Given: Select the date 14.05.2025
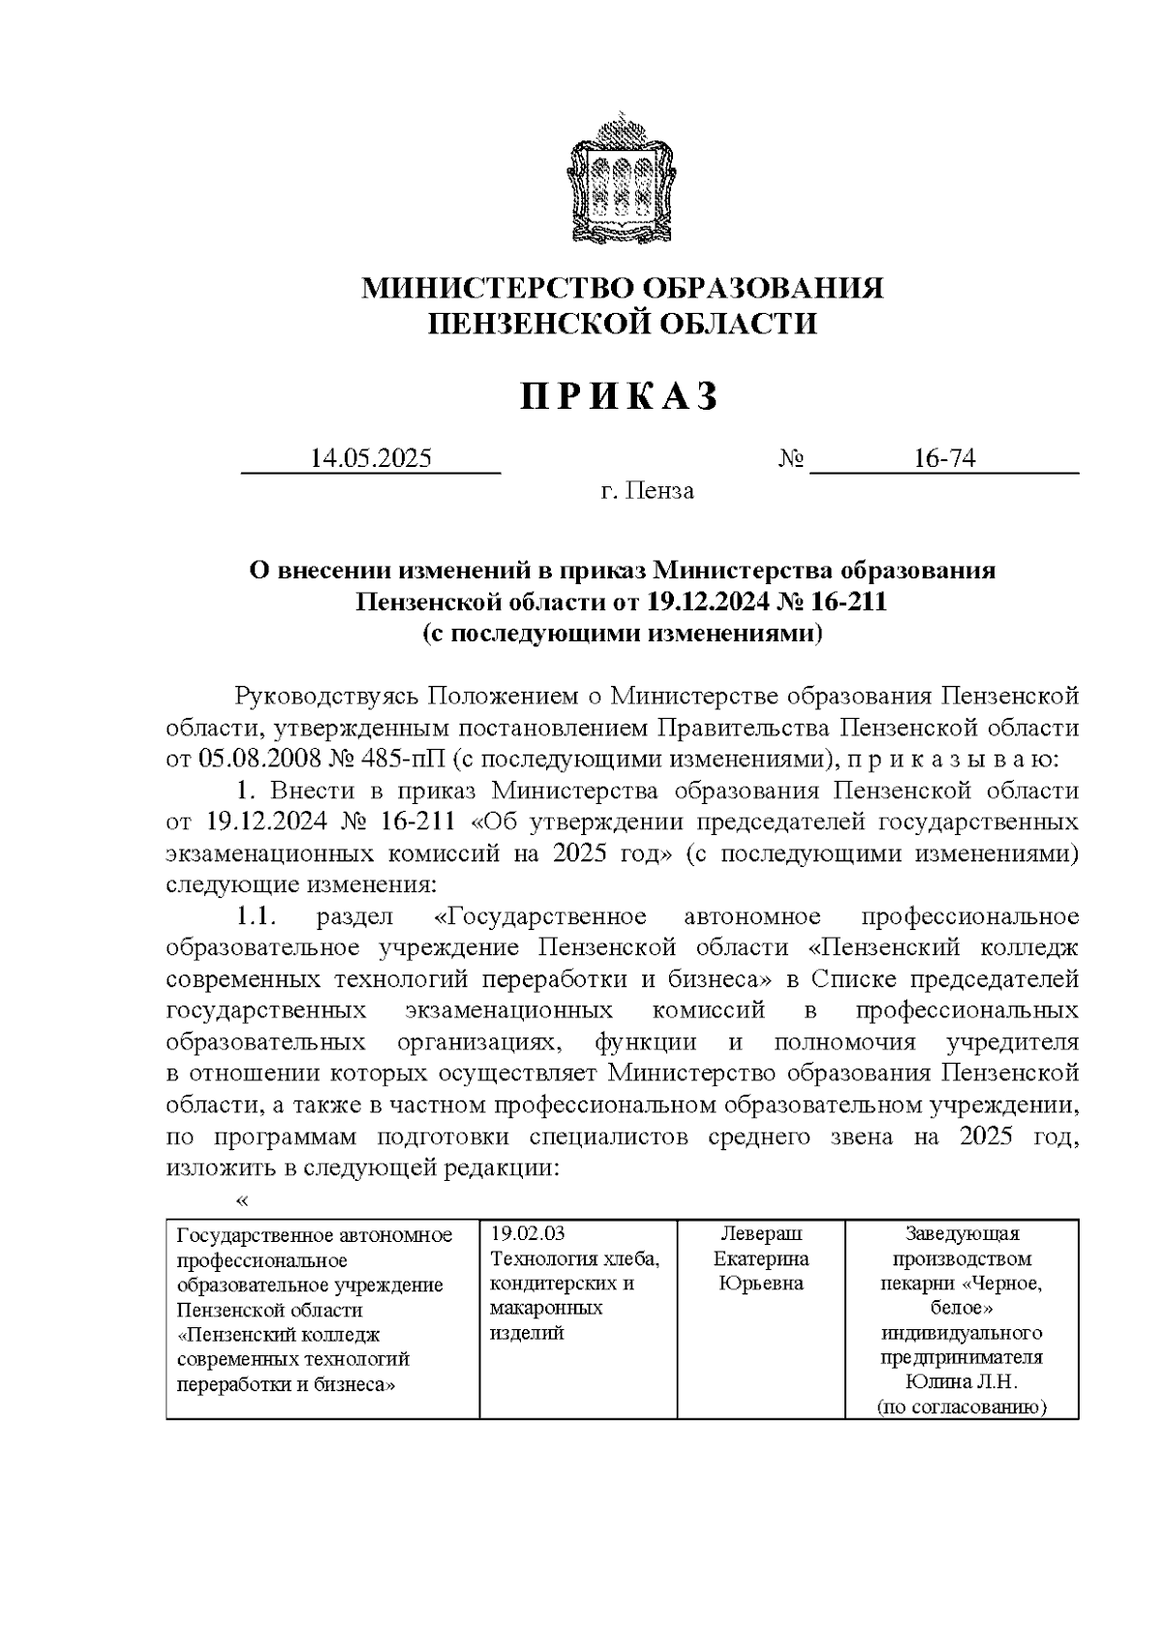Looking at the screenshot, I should [370, 458].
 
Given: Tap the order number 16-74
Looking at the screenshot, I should [944, 458].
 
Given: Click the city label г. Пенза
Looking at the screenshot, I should [647, 491].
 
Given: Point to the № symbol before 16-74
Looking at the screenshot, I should [791, 458].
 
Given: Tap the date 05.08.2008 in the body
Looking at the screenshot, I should [254, 758].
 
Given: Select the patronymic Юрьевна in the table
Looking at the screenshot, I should [759, 1284].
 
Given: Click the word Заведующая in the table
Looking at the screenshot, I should [962, 1234].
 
